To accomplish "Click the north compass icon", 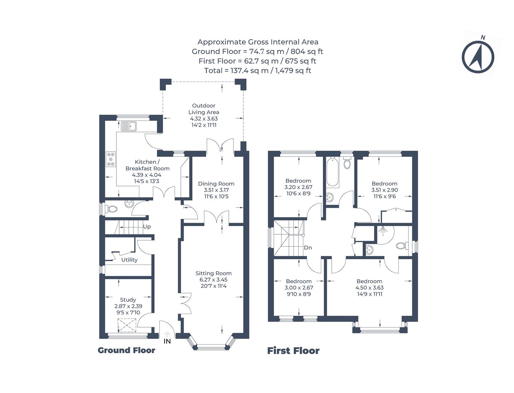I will [478, 57].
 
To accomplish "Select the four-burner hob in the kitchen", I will [111, 159].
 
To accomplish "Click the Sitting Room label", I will [213, 273].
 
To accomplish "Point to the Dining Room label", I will [216, 184].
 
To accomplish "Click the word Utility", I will [129, 260].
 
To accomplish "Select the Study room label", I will [128, 300].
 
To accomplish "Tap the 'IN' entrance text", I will [167, 341].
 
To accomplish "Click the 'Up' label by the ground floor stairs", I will [147, 227].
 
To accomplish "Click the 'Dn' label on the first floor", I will [308, 248].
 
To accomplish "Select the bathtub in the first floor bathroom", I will [332, 172].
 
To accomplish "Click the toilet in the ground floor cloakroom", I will [112, 209].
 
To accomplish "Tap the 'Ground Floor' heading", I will [126, 350].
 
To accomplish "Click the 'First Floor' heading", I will [293, 351].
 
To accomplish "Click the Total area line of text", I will [257, 71].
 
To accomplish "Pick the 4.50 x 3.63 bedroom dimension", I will [369, 287].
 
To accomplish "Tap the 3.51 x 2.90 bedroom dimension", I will [384, 190].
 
